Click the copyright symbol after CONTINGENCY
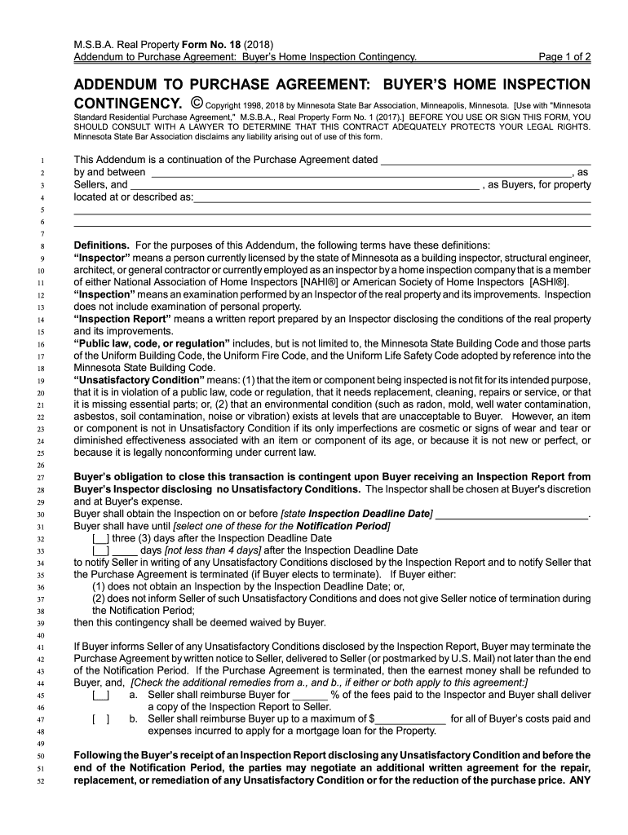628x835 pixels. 197,104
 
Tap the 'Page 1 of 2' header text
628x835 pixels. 559,56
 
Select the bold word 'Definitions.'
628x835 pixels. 102,245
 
